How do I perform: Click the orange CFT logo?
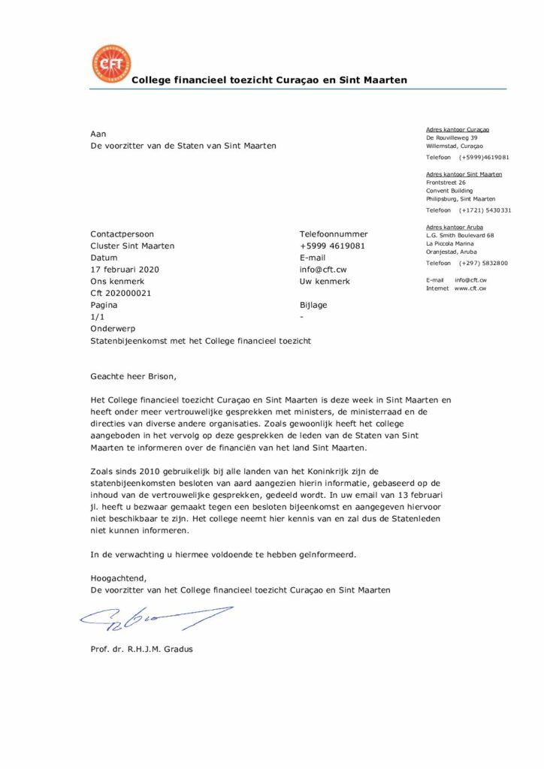110,64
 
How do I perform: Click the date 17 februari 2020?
125,270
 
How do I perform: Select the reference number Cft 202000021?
121,293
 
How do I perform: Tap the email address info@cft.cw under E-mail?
322,270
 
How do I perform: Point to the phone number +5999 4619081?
332,246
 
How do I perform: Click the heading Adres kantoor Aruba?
455,227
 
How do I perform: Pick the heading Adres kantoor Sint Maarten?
464,174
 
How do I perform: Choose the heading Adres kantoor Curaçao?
458,129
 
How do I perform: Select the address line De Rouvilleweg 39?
452,137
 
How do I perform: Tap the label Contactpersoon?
122,234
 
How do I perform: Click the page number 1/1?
97,317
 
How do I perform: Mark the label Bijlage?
313,305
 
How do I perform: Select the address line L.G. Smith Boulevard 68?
459,235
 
